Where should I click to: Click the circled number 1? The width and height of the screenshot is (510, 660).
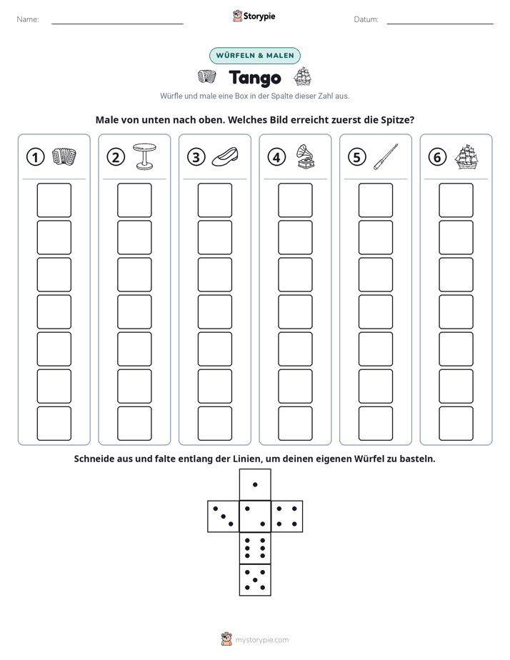click(x=35, y=157)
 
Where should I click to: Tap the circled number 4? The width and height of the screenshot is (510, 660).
click(x=276, y=157)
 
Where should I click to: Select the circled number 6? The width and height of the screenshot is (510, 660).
click(x=437, y=157)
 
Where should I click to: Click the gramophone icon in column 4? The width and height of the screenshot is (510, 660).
click(x=306, y=156)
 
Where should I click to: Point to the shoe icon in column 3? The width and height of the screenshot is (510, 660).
click(x=225, y=156)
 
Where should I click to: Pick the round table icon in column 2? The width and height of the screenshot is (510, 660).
click(x=144, y=156)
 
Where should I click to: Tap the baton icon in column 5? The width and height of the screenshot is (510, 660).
click(x=386, y=156)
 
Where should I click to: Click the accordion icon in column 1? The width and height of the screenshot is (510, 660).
click(x=64, y=156)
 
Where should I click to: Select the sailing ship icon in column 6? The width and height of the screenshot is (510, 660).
click(x=466, y=156)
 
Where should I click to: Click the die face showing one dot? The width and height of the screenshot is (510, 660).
click(x=255, y=484)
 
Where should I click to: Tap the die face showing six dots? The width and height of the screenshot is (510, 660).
click(x=255, y=548)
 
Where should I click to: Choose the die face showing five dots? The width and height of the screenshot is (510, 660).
click(x=255, y=580)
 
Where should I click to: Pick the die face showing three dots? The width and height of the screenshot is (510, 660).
click(x=224, y=516)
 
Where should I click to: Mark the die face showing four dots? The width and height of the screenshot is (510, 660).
click(x=287, y=516)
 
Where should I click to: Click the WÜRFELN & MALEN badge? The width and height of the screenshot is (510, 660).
click(x=255, y=56)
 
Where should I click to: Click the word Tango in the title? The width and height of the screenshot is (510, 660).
click(x=255, y=78)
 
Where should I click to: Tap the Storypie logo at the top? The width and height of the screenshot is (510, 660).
click(x=254, y=16)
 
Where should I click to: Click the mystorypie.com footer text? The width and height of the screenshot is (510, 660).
click(x=261, y=640)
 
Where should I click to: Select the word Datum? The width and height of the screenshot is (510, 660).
click(x=366, y=19)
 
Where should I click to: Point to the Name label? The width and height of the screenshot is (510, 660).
click(x=28, y=19)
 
